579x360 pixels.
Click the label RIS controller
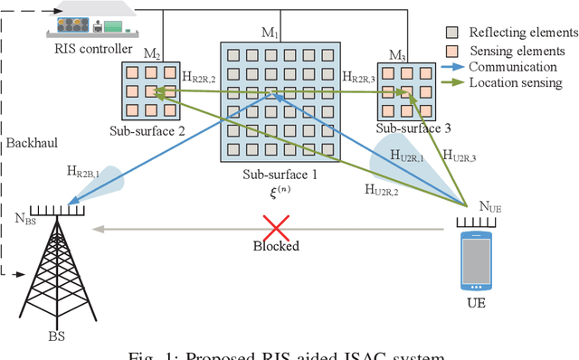click(92, 49)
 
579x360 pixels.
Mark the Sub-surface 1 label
click(280, 174)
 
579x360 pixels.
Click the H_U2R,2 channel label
click(386, 189)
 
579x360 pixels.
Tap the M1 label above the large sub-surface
click(271, 33)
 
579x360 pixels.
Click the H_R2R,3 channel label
click(364, 79)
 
